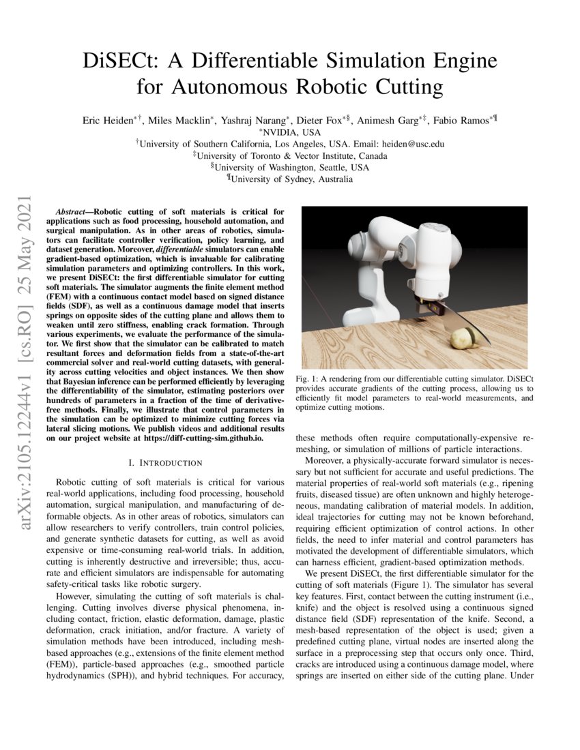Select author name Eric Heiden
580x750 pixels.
click(x=108, y=120)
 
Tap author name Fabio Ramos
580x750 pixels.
click(x=462, y=120)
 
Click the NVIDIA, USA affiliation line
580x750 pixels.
click(x=291, y=132)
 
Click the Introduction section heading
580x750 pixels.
click(x=165, y=463)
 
